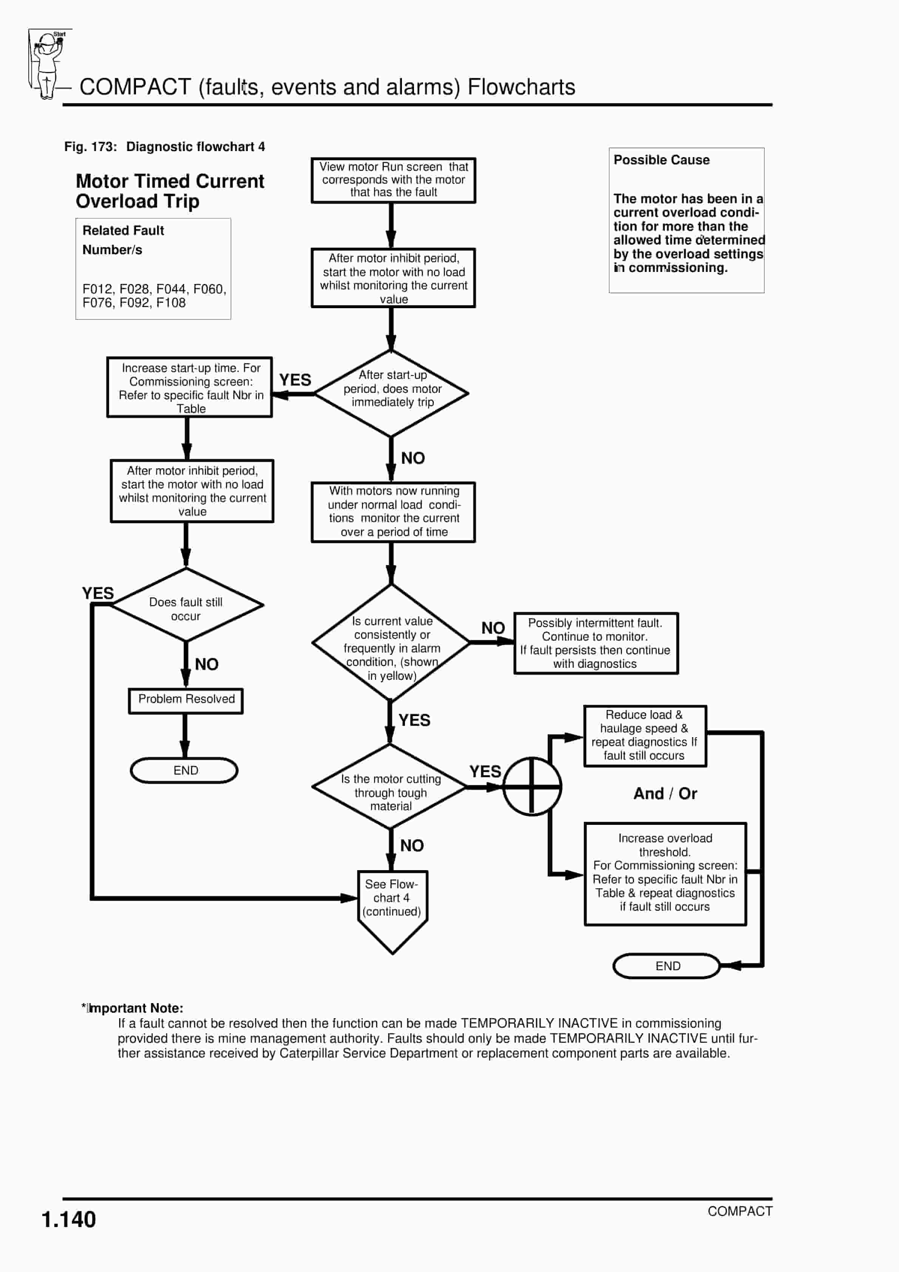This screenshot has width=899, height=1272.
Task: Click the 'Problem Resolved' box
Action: (186, 701)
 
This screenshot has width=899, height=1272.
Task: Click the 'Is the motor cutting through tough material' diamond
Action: (390, 787)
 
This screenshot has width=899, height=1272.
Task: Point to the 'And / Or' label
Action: (665, 793)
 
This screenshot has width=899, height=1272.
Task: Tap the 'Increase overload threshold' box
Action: (666, 874)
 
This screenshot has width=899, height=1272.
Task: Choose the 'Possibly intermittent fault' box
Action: (596, 643)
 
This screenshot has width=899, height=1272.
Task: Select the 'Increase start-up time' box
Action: (190, 387)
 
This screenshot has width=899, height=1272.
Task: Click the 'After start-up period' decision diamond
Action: (391, 393)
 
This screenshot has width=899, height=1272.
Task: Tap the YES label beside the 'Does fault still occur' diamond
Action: (98, 593)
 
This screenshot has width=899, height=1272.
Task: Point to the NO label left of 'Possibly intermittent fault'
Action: (493, 628)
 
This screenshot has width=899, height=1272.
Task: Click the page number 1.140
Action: (69, 1220)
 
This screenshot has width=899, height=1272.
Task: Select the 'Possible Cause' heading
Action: (661, 160)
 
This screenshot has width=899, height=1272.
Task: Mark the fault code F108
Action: (171, 303)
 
